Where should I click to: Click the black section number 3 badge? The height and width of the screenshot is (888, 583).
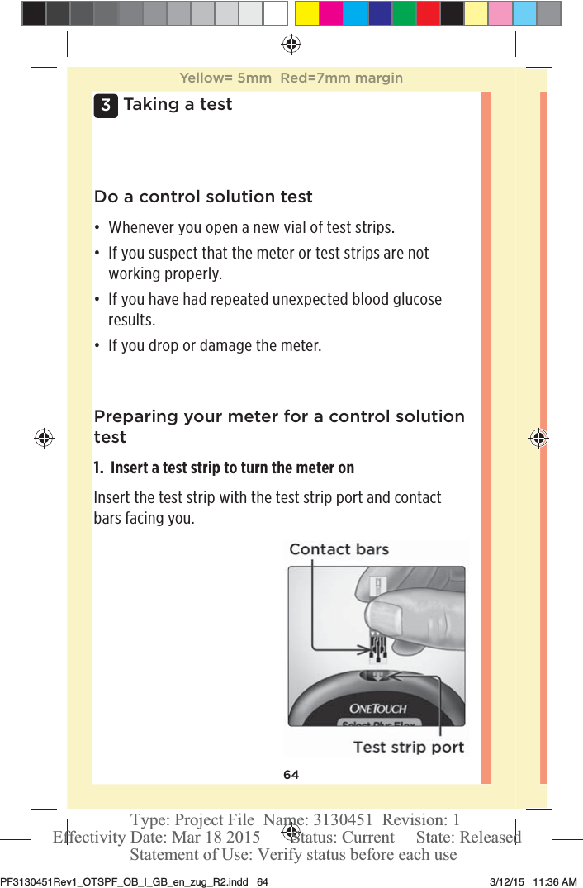[x=105, y=106]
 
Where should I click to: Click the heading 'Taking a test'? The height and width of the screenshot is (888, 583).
[x=178, y=104]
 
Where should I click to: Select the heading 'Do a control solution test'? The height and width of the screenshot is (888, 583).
[x=203, y=197]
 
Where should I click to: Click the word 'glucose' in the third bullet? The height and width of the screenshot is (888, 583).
[x=413, y=299]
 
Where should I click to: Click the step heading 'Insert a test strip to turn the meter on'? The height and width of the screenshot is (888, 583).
[x=231, y=468]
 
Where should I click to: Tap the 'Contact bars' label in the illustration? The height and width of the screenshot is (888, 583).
[x=339, y=549]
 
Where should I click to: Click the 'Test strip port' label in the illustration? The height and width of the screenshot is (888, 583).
[x=408, y=747]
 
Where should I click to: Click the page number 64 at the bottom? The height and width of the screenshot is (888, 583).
[x=291, y=775]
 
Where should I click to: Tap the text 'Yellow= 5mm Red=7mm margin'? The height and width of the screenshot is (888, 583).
[x=291, y=78]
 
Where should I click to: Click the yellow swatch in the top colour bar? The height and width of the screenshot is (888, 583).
[x=307, y=14]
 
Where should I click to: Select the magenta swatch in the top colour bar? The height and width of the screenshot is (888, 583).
[x=331, y=14]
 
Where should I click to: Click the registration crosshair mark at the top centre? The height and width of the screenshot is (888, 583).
[x=291, y=44]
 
